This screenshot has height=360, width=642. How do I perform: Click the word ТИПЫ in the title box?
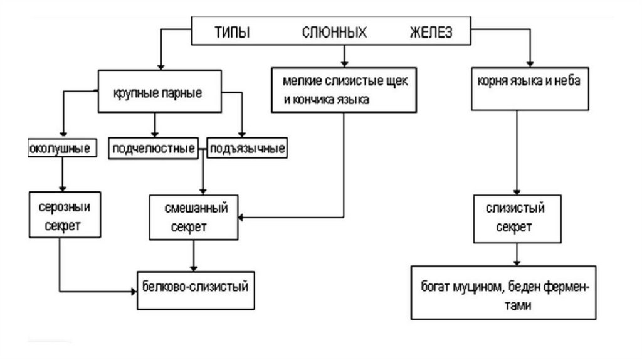point(232,33)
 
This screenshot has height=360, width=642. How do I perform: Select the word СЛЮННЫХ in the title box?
point(334,33)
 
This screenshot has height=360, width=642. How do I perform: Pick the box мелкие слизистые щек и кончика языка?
point(344,90)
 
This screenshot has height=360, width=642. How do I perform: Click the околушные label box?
point(62,149)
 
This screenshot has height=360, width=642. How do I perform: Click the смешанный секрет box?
point(194,217)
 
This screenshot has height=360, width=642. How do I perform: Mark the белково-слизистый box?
point(197,290)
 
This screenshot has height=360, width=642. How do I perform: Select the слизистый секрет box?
point(515,217)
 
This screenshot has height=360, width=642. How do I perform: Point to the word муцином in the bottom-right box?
point(480,287)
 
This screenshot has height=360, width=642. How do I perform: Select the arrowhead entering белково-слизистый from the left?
point(134,291)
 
